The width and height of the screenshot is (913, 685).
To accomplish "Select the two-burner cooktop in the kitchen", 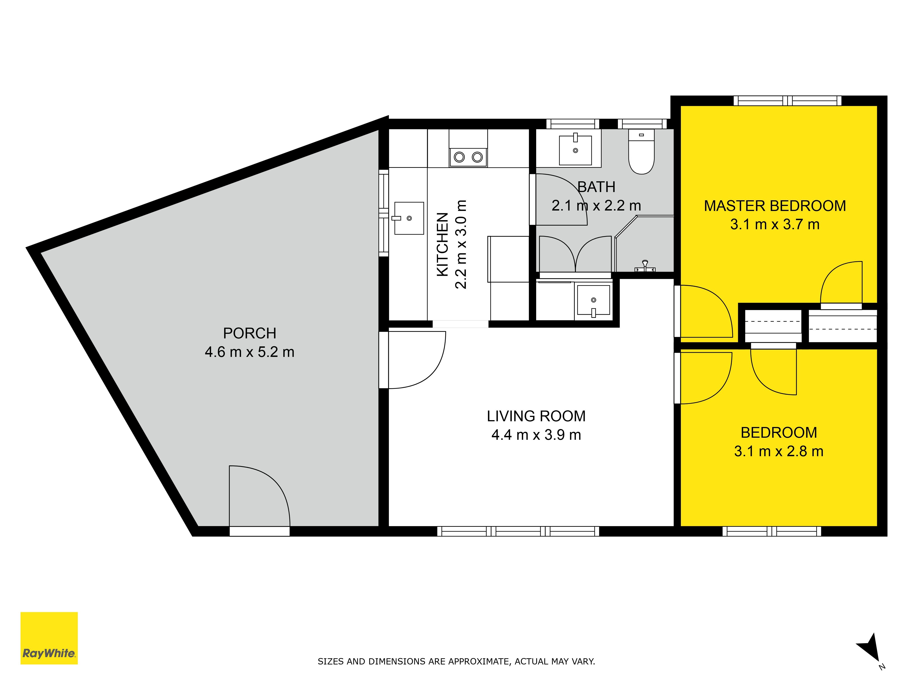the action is (468, 157).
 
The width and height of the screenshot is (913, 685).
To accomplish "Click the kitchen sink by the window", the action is (409, 218).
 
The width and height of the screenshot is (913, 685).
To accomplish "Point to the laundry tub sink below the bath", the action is (593, 300).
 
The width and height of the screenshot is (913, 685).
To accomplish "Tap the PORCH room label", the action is (250, 333).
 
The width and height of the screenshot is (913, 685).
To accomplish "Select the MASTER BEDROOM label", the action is (775, 206).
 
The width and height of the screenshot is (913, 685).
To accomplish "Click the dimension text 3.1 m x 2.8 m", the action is (778, 451).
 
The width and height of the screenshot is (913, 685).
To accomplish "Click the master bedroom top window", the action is (787, 101).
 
